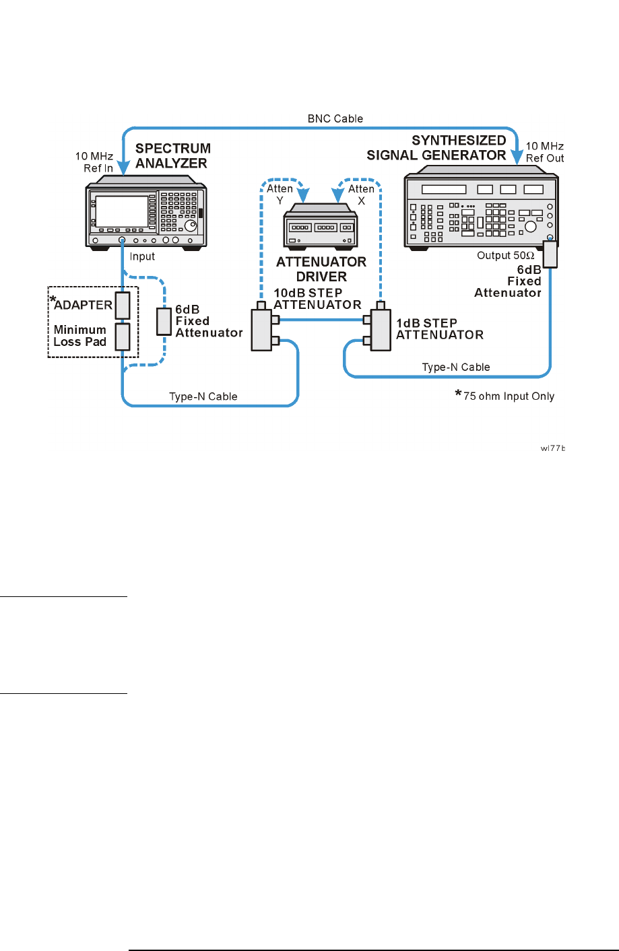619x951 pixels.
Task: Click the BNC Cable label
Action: click(x=335, y=118)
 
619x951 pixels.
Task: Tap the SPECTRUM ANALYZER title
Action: click(x=172, y=155)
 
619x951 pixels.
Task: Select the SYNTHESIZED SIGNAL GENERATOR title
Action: click(x=436, y=147)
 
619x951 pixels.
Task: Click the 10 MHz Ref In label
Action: click(x=94, y=162)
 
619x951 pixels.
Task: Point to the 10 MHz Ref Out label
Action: click(x=545, y=152)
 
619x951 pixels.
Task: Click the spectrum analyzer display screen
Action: click(x=121, y=211)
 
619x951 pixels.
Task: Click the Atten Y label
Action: click(x=280, y=194)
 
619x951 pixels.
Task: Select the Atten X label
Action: click(x=361, y=194)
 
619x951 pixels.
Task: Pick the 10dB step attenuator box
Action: click(x=261, y=330)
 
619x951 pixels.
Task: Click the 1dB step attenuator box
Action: click(x=381, y=330)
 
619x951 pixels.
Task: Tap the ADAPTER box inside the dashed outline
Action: click(x=122, y=305)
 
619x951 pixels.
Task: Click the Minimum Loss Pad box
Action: click(x=122, y=337)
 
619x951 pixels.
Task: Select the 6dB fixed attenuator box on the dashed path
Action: click(x=164, y=322)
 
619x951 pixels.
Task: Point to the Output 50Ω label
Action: click(x=505, y=256)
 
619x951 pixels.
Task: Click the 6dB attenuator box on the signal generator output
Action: click(x=550, y=254)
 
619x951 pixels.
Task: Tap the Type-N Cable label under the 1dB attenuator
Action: click(x=455, y=367)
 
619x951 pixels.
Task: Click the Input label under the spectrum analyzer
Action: click(x=142, y=256)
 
